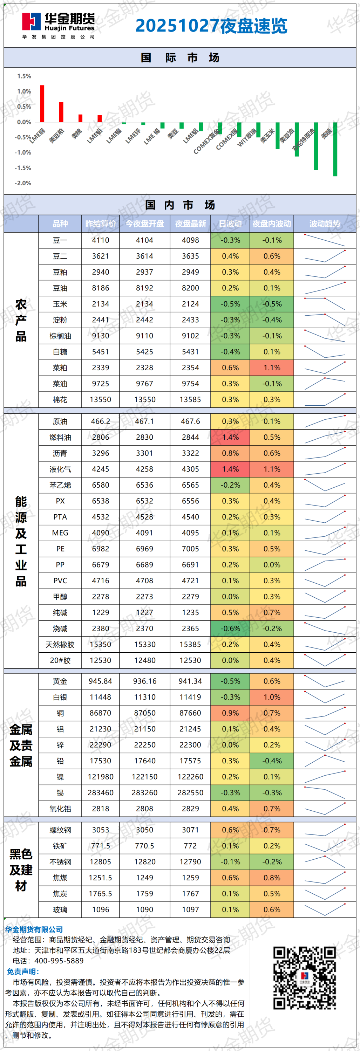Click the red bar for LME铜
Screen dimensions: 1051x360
click(42, 104)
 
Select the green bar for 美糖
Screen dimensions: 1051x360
click(335, 149)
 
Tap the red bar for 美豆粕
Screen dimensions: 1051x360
click(61, 112)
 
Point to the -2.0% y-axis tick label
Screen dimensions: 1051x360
click(23, 183)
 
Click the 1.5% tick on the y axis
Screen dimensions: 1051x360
click(24, 76)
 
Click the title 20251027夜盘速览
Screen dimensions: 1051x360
click(211, 26)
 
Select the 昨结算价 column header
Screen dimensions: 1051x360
click(100, 224)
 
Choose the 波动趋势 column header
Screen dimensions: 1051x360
click(325, 224)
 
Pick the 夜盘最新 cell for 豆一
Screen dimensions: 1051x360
click(190, 240)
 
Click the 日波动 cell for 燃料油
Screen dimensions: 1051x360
click(230, 437)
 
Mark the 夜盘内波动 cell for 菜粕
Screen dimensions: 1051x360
click(272, 367)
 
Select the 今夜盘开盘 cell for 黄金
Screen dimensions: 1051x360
click(144, 681)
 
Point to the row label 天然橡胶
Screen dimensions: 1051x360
click(60, 645)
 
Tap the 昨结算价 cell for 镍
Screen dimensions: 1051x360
click(100, 777)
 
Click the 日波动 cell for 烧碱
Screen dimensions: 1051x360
click(230, 629)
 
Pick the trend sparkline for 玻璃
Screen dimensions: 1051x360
click(325, 909)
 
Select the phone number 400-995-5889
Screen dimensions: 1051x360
click(59, 961)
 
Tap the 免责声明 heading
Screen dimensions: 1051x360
click(23, 971)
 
